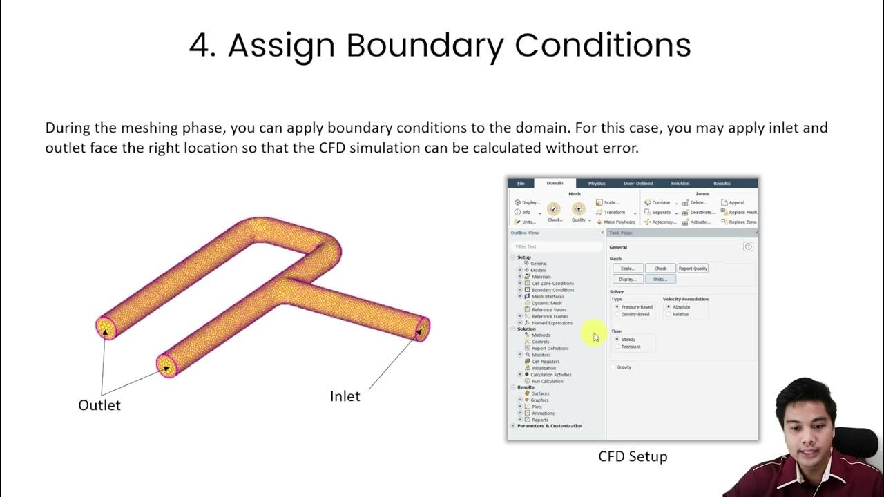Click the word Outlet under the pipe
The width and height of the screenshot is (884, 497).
pos(99,405)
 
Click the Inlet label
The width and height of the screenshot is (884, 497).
pos(345,396)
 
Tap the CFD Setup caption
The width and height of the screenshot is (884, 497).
pos(633,456)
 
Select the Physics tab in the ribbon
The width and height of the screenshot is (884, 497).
pos(597,184)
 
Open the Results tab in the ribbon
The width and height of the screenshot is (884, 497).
pos(722,184)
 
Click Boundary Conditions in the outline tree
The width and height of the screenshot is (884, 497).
pos(552,290)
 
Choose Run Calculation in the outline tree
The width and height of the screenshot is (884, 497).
pos(547,381)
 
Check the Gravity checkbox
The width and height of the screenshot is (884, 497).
pos(613,367)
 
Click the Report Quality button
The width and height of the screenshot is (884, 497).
pos(693,269)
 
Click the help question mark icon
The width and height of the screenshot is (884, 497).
pos(748,246)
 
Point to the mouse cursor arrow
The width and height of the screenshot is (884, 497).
pos(595,336)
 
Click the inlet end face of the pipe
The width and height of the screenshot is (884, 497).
pos(421,328)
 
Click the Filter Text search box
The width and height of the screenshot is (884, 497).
pos(556,246)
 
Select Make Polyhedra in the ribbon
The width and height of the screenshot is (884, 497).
pos(619,222)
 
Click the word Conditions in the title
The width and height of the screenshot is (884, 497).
pos(602,46)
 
